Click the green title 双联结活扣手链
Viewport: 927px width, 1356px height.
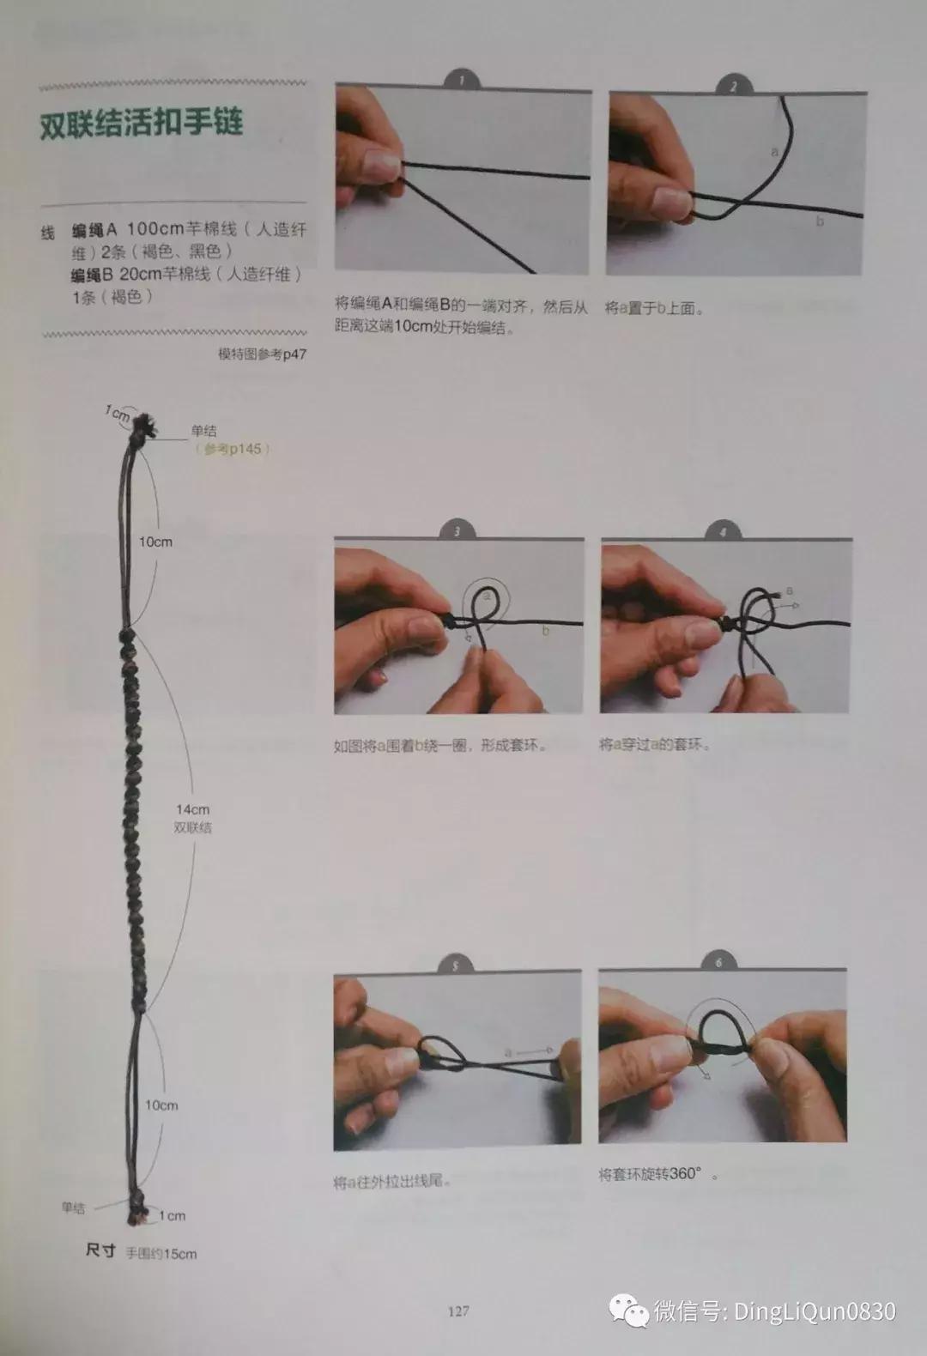click(x=142, y=123)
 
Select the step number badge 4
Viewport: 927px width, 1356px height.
click(x=723, y=532)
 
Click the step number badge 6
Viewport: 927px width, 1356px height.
click(x=718, y=963)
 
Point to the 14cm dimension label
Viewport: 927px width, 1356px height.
click(x=192, y=809)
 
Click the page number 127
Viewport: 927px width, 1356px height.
click(x=457, y=1311)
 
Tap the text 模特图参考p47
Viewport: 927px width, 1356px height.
click(x=262, y=354)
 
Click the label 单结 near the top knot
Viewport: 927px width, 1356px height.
click(x=203, y=432)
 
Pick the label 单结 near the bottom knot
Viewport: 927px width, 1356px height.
click(x=73, y=1208)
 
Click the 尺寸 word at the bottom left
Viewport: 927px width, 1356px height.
click(x=100, y=1251)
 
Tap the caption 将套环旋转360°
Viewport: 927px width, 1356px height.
click(x=657, y=1174)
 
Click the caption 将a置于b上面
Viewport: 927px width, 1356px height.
click(x=653, y=308)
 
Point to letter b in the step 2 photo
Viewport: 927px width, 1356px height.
click(x=820, y=221)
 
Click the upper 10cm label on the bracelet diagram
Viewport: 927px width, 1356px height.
click(x=155, y=542)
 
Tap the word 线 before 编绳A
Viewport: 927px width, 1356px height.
click(x=48, y=233)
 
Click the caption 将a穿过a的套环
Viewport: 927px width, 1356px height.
click(x=654, y=745)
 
